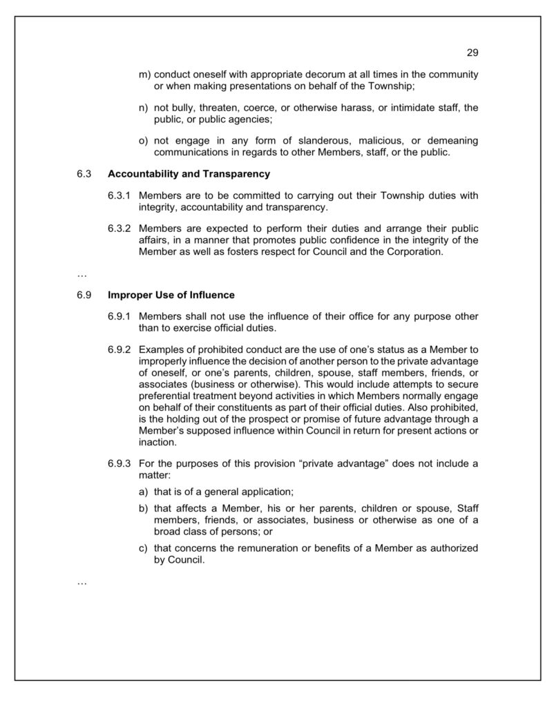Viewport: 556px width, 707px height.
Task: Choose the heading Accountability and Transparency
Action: point(189,174)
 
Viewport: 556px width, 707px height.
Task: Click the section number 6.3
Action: point(84,174)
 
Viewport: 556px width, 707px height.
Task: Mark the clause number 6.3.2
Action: point(119,229)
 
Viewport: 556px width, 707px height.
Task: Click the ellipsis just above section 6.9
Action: point(82,274)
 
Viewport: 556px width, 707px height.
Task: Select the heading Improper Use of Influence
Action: point(171,295)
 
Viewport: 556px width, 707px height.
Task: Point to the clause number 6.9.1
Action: point(119,317)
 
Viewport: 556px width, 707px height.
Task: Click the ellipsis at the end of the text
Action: point(82,582)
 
